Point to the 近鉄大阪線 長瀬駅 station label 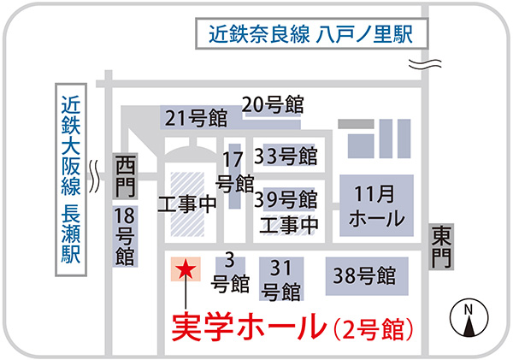[71, 180]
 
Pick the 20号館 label [274, 104]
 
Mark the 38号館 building [363, 275]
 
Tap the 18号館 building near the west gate [124, 235]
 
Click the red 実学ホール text [249, 327]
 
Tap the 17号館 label [233, 170]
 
